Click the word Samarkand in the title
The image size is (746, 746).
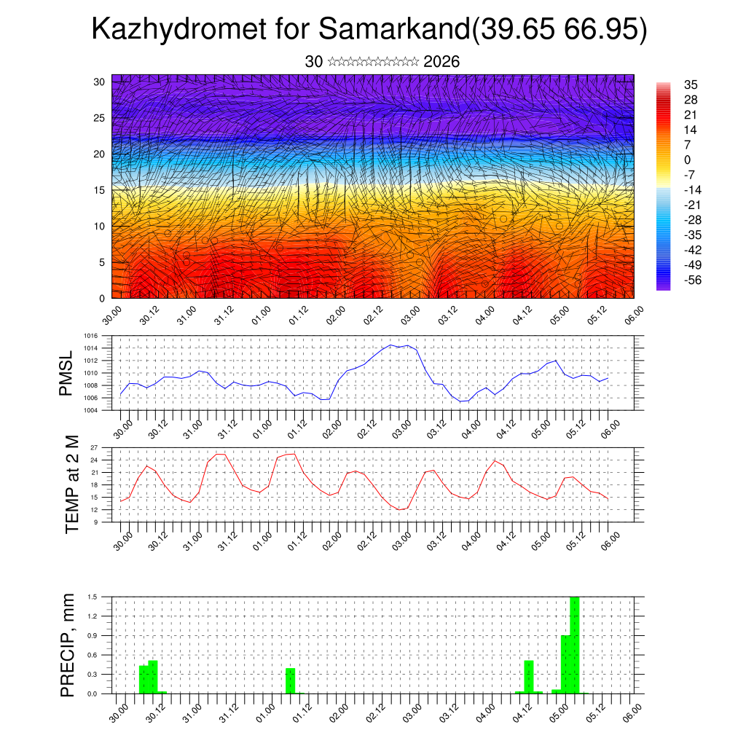click(x=394, y=30)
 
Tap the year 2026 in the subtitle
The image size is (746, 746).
click(x=441, y=62)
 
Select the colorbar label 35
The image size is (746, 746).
click(x=691, y=85)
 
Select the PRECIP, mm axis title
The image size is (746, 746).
click(x=68, y=645)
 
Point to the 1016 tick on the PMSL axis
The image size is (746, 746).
click(x=91, y=336)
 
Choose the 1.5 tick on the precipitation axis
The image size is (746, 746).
click(x=93, y=597)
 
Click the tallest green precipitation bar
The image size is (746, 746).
click(x=575, y=645)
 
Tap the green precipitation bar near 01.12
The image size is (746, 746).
click(x=290, y=680)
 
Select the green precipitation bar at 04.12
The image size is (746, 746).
click(x=529, y=677)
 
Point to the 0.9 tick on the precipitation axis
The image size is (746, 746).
click(x=93, y=635)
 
